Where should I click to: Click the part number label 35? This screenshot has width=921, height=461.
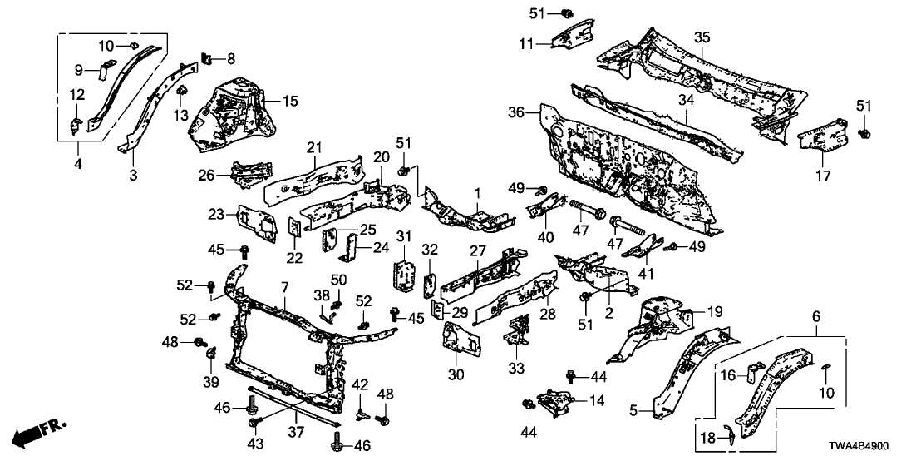pyautogui.click(x=702, y=38)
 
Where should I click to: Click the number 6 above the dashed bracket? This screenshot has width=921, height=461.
pyautogui.click(x=816, y=316)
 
